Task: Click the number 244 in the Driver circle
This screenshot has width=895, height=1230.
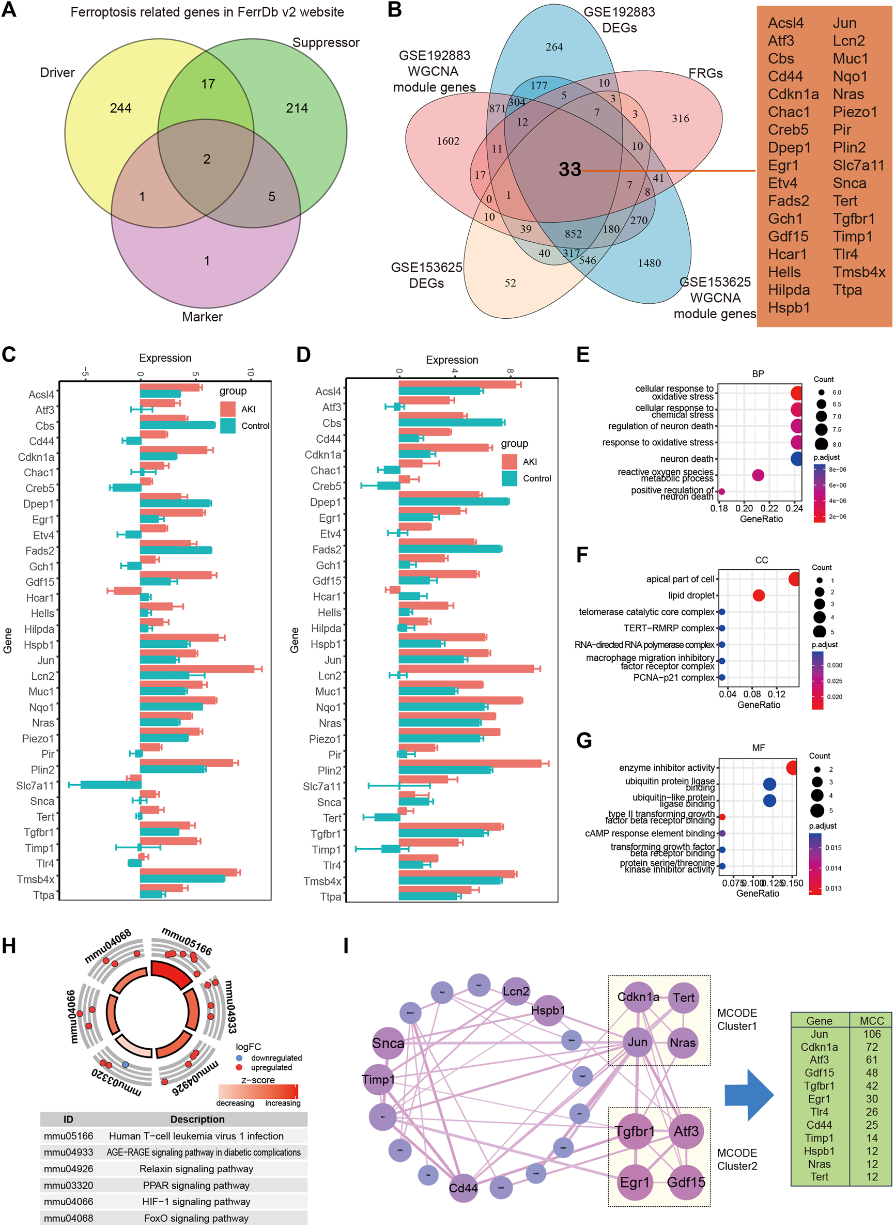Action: (x=120, y=108)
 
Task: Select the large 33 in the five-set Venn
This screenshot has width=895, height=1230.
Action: (x=569, y=170)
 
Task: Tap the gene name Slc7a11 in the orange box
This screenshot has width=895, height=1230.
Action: (x=858, y=165)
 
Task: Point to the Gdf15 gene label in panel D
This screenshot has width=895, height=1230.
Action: (x=327, y=581)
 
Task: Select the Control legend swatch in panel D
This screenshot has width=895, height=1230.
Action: (x=510, y=478)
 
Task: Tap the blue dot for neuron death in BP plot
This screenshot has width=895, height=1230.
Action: (x=796, y=459)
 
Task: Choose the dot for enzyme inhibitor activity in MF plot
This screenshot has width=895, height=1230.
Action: (x=792, y=768)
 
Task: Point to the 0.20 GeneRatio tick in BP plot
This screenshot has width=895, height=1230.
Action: (x=744, y=509)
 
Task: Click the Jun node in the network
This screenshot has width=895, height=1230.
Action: (x=637, y=1042)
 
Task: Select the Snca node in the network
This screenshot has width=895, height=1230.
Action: (x=388, y=1043)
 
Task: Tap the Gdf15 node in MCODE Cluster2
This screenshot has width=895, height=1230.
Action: (x=686, y=1182)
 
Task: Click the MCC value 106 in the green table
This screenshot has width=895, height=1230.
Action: (x=872, y=1034)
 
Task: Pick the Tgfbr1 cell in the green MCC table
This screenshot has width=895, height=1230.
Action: (x=819, y=1086)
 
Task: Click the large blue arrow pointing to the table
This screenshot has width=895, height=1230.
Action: (x=749, y=1095)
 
